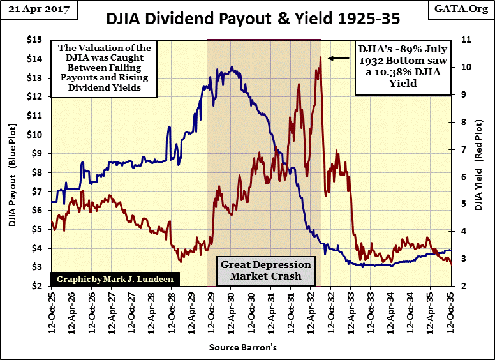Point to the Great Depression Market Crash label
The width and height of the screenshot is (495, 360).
(265, 271)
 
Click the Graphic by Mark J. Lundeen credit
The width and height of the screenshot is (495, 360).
(109, 279)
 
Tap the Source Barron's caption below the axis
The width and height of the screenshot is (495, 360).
(243, 347)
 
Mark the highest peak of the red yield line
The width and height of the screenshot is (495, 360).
(320, 57)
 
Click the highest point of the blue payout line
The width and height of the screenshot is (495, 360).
(231, 67)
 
